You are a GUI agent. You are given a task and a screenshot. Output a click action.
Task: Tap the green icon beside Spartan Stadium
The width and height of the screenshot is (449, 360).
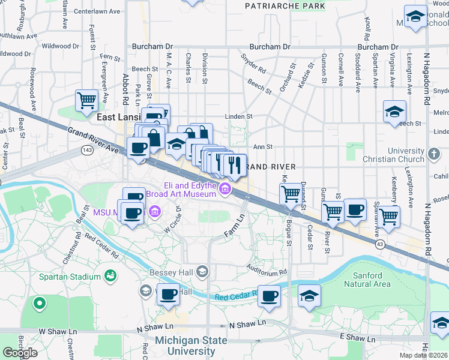[x=110, y=276]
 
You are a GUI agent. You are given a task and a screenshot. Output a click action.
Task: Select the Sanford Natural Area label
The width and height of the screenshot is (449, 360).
[x=368, y=280]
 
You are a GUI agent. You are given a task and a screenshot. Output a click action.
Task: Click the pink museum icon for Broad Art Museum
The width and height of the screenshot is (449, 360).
[x=225, y=190]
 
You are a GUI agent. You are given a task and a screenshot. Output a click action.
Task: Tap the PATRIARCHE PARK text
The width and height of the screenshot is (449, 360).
[x=285, y=6]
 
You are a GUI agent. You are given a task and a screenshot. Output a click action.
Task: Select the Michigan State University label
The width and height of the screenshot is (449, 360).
[x=191, y=346]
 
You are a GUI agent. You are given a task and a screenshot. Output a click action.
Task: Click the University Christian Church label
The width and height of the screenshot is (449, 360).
[x=393, y=155]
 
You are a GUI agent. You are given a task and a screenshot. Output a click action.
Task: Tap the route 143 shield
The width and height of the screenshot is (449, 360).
[x=88, y=150]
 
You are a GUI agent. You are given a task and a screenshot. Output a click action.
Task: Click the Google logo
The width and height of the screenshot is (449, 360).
[x=20, y=353]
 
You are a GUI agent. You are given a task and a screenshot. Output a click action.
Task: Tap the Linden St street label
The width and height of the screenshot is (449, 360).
[x=239, y=116]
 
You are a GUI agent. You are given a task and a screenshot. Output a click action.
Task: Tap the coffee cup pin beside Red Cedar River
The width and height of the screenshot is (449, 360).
[x=270, y=296]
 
